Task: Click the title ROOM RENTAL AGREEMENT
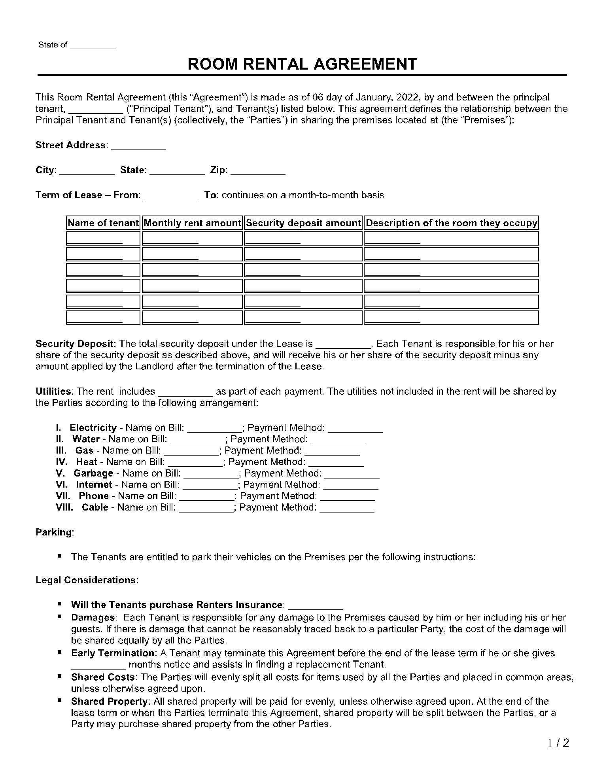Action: (x=302, y=64)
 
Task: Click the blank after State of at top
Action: (x=93, y=46)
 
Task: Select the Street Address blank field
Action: (x=138, y=146)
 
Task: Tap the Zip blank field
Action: (x=258, y=171)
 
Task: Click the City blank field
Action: (x=87, y=171)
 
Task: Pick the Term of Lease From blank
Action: (x=171, y=196)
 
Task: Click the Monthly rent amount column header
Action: (x=192, y=223)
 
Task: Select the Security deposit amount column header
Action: (x=303, y=223)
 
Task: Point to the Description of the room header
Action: (x=451, y=223)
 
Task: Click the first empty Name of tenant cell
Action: (x=103, y=238)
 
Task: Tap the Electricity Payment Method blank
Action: (x=355, y=429)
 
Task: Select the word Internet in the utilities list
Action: (x=94, y=485)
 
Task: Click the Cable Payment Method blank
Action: (x=346, y=509)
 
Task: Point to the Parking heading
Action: (x=55, y=532)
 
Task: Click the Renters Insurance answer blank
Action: (x=315, y=606)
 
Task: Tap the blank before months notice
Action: (x=98, y=665)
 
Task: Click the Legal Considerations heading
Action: (x=87, y=580)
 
